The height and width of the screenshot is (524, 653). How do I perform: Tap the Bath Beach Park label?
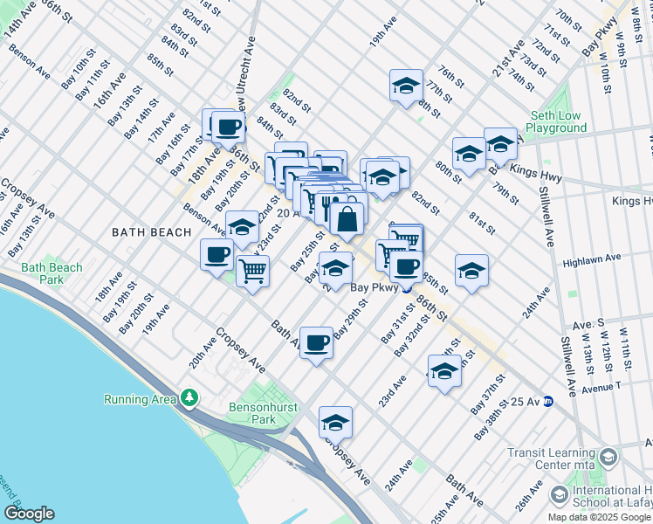[x=52, y=273]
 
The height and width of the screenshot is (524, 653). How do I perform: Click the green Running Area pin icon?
[x=189, y=399]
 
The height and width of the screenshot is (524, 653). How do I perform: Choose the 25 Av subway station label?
[x=527, y=401]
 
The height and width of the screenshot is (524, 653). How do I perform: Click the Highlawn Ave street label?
[x=591, y=259]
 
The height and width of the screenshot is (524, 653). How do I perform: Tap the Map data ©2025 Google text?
[x=598, y=517]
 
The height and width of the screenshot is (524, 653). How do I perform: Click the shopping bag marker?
[x=347, y=220]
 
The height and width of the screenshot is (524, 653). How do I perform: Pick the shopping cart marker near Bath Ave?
[x=252, y=271]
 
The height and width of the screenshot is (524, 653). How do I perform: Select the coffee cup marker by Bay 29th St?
[x=316, y=342]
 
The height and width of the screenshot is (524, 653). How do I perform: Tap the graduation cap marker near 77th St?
[x=405, y=86]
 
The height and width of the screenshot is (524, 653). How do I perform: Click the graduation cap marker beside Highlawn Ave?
[x=471, y=270]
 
